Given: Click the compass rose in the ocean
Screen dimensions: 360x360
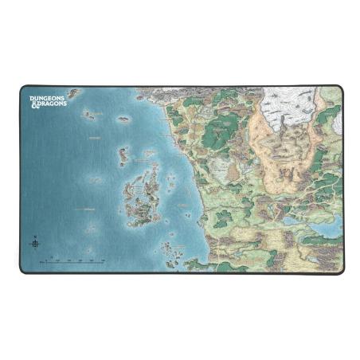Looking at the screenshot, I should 34,243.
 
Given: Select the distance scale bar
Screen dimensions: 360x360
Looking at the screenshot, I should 76,260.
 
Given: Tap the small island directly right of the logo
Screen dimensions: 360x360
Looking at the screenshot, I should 74,94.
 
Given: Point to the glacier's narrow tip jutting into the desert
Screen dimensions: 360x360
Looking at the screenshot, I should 280,127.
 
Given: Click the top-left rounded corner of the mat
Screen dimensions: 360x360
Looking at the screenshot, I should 23,88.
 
